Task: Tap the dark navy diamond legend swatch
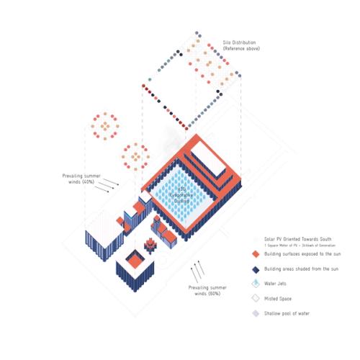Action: click(255, 269)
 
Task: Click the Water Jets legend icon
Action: click(255, 284)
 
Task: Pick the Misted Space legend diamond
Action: click(255, 298)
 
